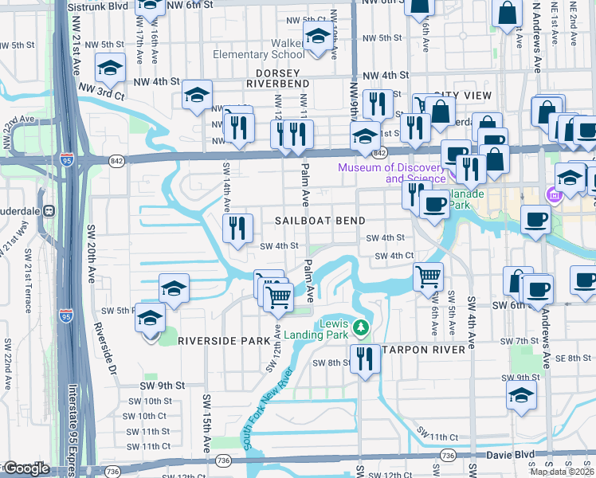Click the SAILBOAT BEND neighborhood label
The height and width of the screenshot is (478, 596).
click(x=320, y=221)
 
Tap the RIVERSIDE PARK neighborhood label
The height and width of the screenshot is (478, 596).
click(x=224, y=340)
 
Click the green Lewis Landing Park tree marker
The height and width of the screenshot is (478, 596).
click(x=361, y=327)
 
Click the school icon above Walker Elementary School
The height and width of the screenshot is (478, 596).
click(x=318, y=36)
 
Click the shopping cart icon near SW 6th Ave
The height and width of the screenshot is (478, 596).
click(x=428, y=277)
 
